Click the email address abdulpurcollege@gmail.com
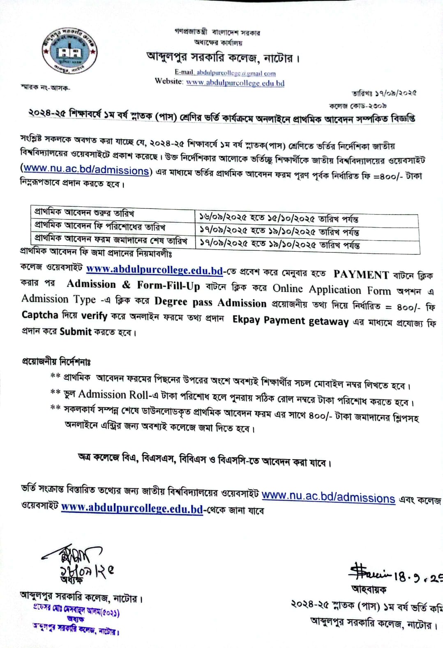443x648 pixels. pos(236,73)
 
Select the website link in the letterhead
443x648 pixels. pos(235,83)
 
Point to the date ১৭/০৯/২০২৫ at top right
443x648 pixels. pos(384,93)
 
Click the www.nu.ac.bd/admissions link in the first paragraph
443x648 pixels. pos(85,169)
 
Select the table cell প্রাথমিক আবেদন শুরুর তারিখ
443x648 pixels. pos(84,213)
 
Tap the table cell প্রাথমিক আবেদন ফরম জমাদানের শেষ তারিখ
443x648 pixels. pos(111,239)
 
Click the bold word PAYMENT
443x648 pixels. pos(361,274)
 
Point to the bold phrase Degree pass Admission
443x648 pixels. pos(210,302)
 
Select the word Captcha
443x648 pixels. pos(40,315)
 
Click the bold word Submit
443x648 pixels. pos(75,331)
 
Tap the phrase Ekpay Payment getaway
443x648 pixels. pos(290,321)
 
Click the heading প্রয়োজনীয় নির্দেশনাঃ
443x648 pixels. pos(56,361)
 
